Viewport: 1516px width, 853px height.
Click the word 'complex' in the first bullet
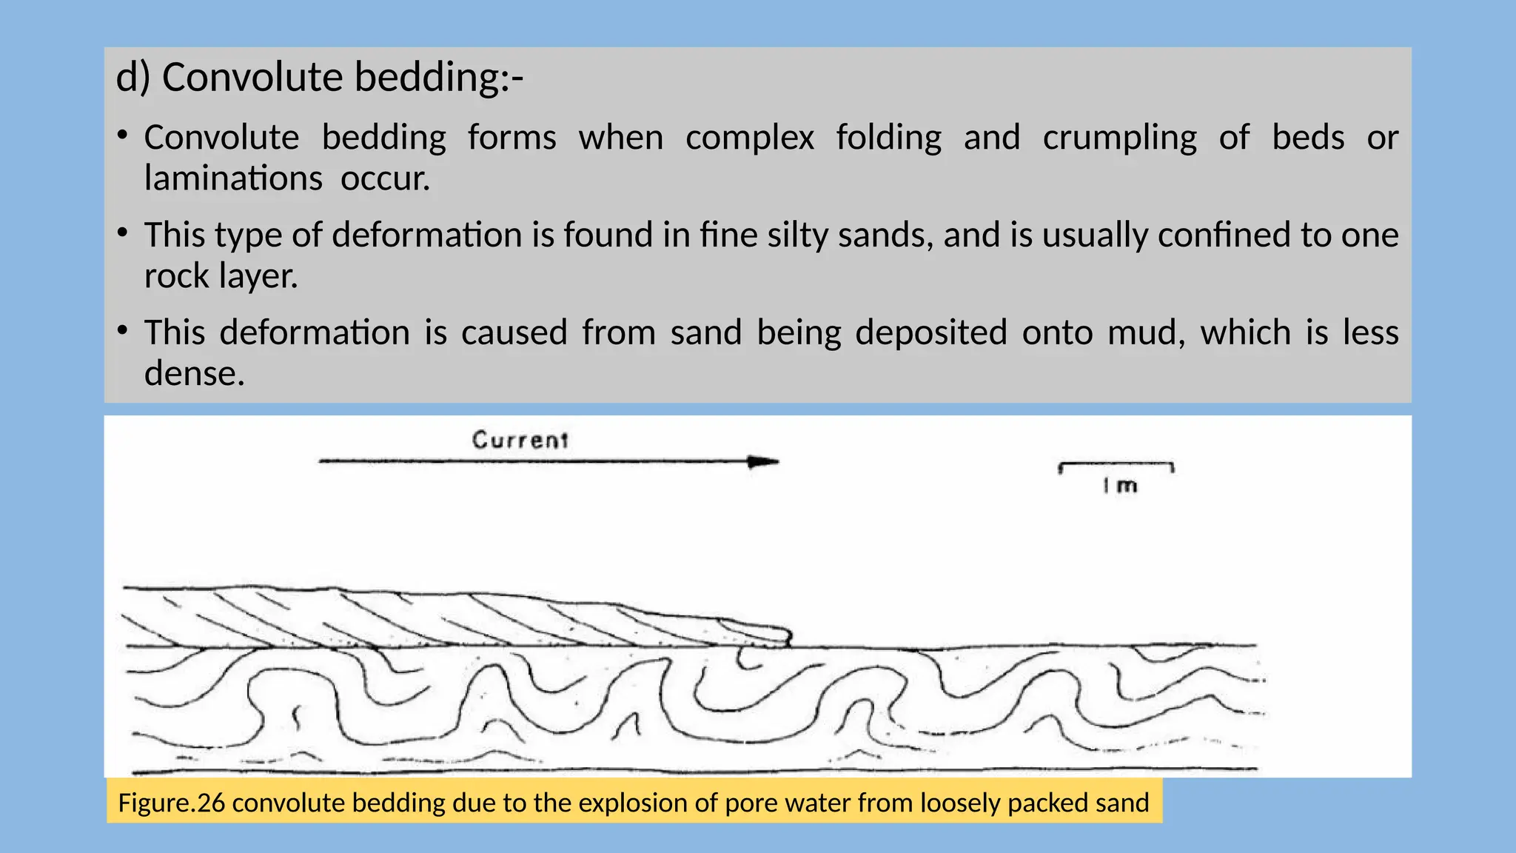749,138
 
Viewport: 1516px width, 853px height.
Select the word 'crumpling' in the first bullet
1119,138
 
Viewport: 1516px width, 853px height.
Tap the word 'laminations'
233,178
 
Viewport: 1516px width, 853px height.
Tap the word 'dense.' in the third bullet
194,373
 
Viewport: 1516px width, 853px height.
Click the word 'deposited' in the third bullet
930,332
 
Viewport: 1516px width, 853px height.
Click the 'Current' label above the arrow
520,440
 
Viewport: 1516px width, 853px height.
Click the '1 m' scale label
1119,486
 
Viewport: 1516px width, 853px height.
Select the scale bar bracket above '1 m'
1116,466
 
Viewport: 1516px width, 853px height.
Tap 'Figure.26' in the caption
171,803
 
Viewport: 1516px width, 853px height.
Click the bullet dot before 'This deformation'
123,330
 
